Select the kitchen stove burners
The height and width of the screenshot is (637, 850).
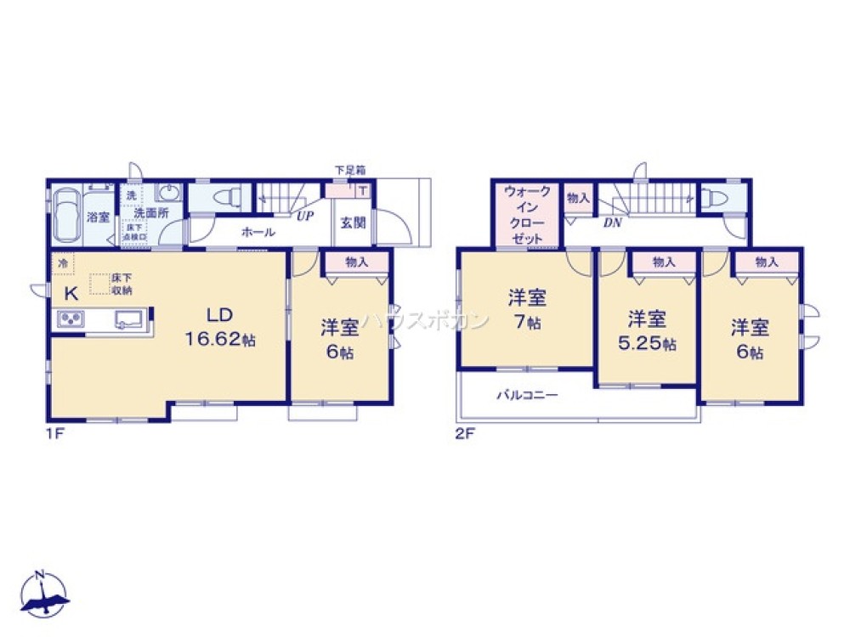[70, 320]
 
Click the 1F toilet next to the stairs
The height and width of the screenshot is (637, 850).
[224, 198]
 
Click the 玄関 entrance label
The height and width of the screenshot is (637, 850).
[353, 223]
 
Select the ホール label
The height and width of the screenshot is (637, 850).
[258, 231]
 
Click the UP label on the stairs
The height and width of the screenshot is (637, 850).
[303, 216]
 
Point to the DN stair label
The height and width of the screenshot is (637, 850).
[612, 223]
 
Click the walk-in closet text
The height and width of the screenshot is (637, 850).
[527, 215]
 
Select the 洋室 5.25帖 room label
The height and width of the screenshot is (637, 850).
[647, 331]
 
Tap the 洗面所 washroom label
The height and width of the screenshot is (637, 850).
[150, 213]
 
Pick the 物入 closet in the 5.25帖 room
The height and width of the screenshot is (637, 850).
[664, 263]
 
